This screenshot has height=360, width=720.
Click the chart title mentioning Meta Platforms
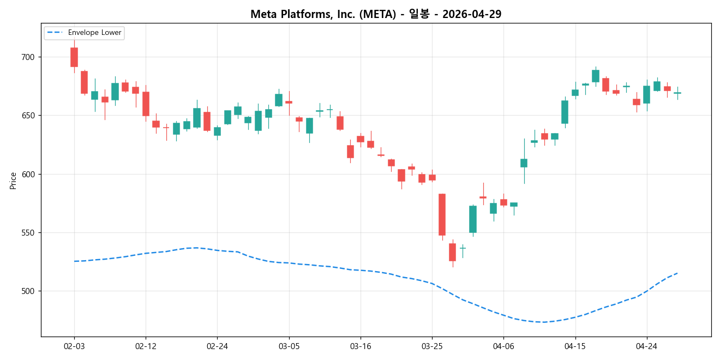click(376, 14)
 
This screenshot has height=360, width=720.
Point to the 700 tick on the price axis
click(27, 57)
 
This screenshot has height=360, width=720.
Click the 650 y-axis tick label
click(27, 116)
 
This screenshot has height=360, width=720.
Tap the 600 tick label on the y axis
click(27, 175)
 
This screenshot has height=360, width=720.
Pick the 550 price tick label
click(27, 233)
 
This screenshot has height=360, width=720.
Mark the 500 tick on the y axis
click(27, 291)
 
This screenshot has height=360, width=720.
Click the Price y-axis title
click(13, 181)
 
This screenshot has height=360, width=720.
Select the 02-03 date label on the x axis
click(74, 346)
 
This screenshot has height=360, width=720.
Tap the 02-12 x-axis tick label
click(146, 346)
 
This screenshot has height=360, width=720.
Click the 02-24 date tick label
click(217, 346)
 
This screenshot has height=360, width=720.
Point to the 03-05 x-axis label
click(289, 346)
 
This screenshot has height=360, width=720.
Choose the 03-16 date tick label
click(361, 346)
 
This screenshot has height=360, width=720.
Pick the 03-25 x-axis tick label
click(432, 346)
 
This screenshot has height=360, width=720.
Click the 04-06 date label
click(503, 346)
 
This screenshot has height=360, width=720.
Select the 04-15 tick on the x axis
click(575, 346)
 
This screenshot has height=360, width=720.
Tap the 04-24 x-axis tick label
click(647, 346)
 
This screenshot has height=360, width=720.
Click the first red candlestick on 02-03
click(74, 57)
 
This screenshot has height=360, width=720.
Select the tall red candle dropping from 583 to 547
click(442, 214)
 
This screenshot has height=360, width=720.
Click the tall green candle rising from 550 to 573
click(473, 219)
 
